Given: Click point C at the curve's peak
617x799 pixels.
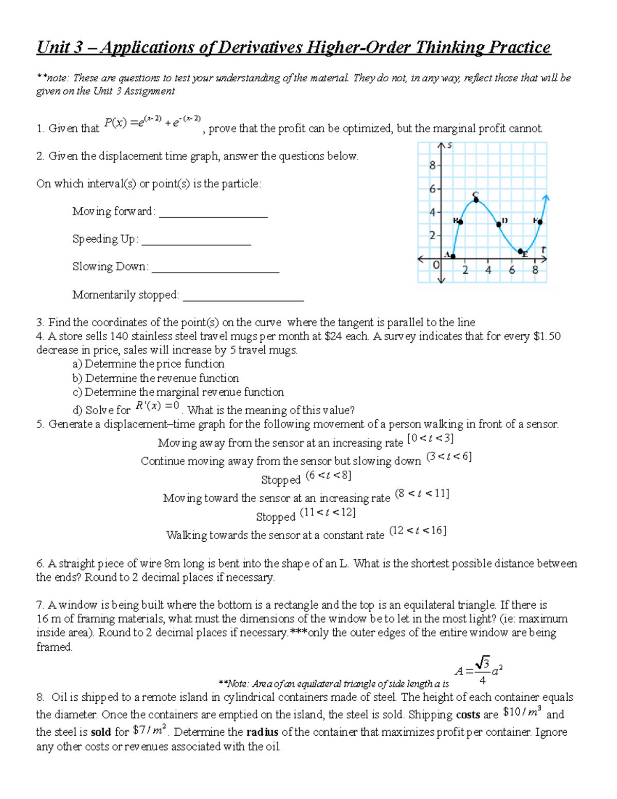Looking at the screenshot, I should (x=476, y=200).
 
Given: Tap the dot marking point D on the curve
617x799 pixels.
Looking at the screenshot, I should (x=499, y=224).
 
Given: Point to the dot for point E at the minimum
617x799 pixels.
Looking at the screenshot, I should (x=521, y=251).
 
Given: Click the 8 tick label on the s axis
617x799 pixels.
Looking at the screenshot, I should (x=432, y=166).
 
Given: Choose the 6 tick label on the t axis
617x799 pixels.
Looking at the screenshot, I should (x=512, y=270).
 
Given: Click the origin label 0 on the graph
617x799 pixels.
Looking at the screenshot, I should (x=436, y=265).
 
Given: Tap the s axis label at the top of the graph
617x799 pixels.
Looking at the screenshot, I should (x=449, y=146).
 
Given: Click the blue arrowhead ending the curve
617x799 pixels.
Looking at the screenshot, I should (x=546, y=198).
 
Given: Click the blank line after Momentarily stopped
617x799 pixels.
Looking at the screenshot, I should (x=243, y=300).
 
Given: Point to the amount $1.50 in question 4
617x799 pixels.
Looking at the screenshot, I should (x=547, y=336).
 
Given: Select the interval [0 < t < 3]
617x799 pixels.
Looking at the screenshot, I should (x=430, y=438).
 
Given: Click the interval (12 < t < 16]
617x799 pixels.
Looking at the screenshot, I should (x=417, y=530).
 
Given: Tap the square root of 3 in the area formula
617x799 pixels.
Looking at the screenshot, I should (x=482, y=662).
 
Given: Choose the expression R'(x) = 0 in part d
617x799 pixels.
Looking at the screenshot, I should (x=157, y=406).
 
